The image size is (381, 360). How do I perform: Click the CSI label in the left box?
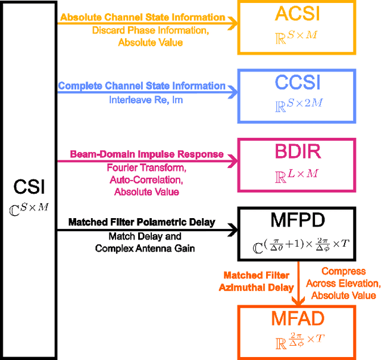click(28, 190)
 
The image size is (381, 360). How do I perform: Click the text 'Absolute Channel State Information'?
click(143, 17)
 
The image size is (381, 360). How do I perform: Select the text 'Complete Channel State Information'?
click(142, 86)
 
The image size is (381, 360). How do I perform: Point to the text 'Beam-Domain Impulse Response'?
click(146, 154)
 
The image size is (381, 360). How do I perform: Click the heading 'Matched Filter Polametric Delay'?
click(142, 222)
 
